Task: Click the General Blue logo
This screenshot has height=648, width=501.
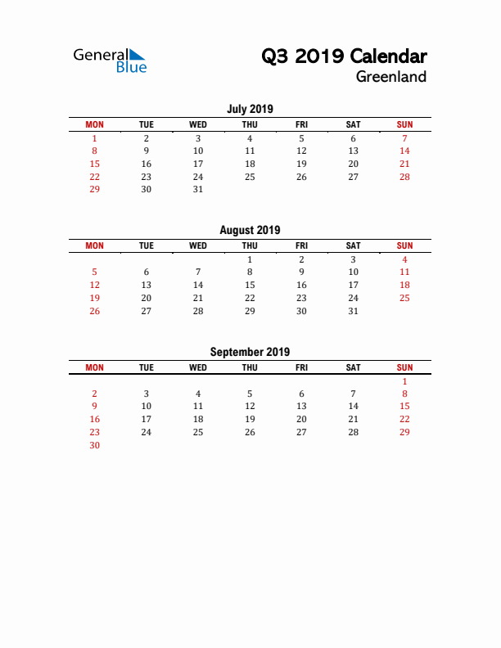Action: click(x=110, y=61)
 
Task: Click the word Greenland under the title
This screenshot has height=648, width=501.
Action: click(x=390, y=77)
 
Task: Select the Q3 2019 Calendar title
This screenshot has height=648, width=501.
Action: click(x=344, y=56)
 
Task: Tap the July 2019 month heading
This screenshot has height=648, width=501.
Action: click(x=250, y=109)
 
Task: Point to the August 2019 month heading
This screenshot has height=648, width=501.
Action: click(x=250, y=230)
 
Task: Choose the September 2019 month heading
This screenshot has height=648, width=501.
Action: click(x=250, y=352)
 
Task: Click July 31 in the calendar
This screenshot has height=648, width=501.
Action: click(x=198, y=189)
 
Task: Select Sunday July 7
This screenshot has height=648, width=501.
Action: click(x=404, y=138)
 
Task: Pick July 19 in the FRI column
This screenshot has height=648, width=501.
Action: click(x=301, y=164)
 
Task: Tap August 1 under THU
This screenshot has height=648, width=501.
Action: click(x=250, y=259)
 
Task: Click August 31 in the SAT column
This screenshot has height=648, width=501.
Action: click(x=353, y=311)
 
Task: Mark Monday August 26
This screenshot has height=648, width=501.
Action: click(x=95, y=311)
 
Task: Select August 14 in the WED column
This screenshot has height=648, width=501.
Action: click(x=198, y=285)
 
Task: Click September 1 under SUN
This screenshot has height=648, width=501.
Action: click(x=404, y=381)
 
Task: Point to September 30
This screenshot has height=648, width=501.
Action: click(x=95, y=445)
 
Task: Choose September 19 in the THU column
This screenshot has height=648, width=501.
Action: click(x=250, y=419)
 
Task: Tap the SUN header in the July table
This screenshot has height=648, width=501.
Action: click(x=404, y=124)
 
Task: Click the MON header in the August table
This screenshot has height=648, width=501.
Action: click(x=95, y=245)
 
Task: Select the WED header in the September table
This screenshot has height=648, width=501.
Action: click(x=198, y=367)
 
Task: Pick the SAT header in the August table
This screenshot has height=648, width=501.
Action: click(x=353, y=245)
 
